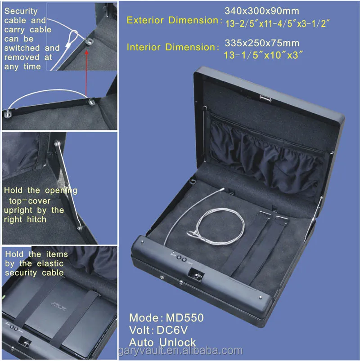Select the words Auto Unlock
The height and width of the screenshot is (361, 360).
[162, 342]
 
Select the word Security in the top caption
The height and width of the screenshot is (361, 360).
[21, 11]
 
